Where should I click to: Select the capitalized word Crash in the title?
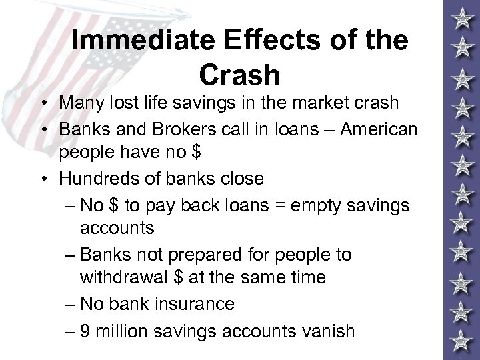pos(239,75)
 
